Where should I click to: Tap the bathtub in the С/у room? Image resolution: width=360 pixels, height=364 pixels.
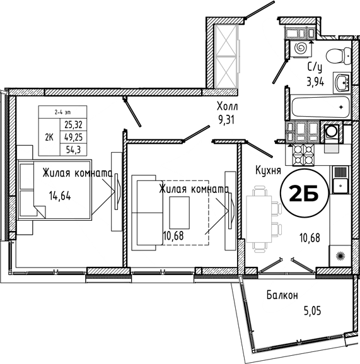(320, 107)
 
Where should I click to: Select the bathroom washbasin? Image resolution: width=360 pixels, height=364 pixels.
(342, 83)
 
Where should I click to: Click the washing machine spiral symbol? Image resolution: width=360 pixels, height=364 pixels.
(301, 49)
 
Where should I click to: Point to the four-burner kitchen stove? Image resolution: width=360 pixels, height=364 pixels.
(303, 155)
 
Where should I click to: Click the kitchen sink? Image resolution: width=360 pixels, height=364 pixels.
(340, 180)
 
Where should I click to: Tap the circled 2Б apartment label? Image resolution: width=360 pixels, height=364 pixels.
(305, 194)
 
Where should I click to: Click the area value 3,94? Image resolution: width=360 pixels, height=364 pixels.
(315, 82)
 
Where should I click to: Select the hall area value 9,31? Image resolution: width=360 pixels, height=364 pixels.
(226, 120)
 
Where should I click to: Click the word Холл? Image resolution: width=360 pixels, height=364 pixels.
(228, 107)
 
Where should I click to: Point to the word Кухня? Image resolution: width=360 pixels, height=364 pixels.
(268, 170)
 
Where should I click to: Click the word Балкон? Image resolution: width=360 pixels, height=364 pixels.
(282, 295)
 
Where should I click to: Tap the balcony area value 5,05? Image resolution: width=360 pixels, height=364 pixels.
(313, 310)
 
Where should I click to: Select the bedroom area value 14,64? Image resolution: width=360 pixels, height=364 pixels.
(60, 196)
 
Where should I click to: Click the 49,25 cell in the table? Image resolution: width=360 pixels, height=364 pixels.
(74, 137)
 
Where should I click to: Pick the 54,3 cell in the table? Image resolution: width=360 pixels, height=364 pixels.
(74, 150)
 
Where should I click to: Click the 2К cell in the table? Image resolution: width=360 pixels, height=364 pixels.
(49, 137)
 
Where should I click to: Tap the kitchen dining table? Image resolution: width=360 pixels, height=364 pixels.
(259, 219)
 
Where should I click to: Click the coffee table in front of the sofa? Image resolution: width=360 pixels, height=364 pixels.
(179, 213)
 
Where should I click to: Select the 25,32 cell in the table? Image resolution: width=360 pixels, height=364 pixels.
(74, 125)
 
